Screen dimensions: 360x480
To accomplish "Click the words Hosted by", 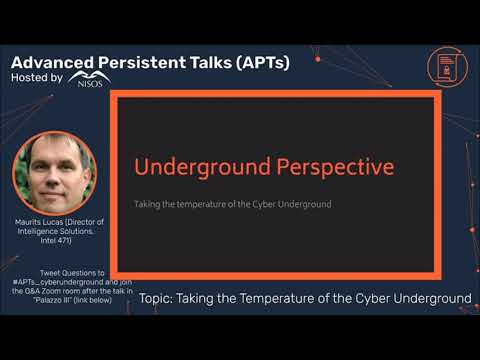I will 37,77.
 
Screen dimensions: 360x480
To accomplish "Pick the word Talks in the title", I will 215,61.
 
